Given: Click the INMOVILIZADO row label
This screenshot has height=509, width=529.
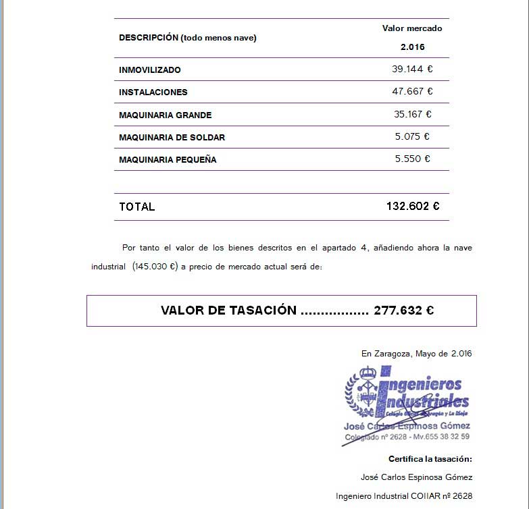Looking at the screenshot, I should tap(150, 70).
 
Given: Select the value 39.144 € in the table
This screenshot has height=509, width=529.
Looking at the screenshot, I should tap(412, 69).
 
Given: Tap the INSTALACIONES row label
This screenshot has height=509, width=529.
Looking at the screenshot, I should tap(153, 92).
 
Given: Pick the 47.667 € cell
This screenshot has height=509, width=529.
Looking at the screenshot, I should tap(412, 91).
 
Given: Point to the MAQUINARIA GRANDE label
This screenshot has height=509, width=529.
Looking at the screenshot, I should tap(166, 115).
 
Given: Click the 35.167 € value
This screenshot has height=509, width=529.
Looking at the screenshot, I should tap(412, 114).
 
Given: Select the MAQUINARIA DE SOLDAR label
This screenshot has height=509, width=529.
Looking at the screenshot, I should tap(172, 138).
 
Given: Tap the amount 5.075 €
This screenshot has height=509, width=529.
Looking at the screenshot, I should tap(412, 136).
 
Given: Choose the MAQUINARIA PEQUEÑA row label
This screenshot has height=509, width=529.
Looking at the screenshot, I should tap(168, 160).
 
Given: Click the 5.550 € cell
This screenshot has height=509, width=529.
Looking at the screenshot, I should tap(412, 159).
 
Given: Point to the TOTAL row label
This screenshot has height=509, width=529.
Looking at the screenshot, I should tap(137, 207).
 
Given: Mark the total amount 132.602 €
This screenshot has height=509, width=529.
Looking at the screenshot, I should tap(412, 207).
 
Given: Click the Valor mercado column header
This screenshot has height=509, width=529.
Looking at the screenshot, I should tap(412, 28).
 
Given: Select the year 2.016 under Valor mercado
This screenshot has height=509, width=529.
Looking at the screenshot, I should tap(412, 47).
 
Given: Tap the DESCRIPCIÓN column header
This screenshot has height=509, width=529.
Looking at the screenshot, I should tap(188, 38).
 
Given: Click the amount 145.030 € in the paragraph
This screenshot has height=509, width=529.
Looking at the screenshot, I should tap(155, 267).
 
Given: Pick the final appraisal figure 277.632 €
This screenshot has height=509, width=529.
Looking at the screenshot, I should tap(403, 311).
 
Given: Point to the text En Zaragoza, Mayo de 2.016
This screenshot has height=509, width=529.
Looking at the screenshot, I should tap(416, 353).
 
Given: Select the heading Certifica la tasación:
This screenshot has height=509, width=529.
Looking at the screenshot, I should tap(430, 459).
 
